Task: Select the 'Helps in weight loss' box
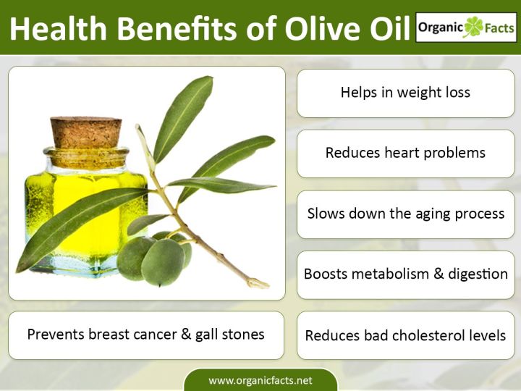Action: click(405, 93)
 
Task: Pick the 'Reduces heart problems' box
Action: click(405, 153)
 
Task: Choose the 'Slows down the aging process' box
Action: click(405, 214)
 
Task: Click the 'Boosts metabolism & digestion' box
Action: click(405, 275)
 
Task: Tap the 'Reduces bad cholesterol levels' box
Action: click(405, 336)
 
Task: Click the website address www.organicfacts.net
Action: click(260, 380)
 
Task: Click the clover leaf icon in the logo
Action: click(473, 26)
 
